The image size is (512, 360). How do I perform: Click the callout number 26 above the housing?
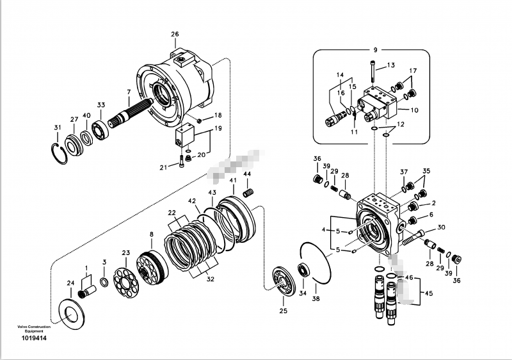click(x=175, y=34)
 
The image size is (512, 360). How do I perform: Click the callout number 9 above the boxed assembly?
click(x=376, y=49)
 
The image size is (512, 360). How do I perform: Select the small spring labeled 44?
click(x=250, y=191)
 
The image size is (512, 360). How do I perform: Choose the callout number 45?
click(x=428, y=294)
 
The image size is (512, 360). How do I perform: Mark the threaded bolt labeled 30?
click(x=413, y=237)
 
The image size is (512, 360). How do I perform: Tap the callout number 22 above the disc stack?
click(x=172, y=213)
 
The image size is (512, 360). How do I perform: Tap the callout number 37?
click(x=404, y=172)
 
